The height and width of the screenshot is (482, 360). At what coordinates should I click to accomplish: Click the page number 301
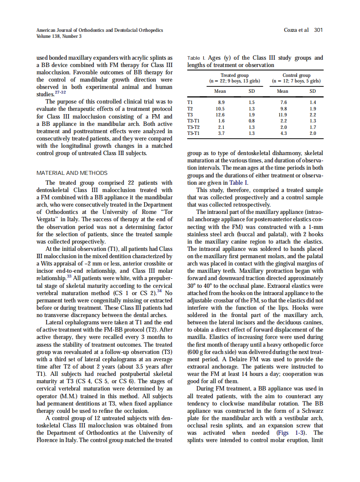[318, 30]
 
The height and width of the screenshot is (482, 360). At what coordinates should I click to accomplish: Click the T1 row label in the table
[190, 103]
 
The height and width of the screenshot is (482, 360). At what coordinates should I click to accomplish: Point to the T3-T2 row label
[193, 127]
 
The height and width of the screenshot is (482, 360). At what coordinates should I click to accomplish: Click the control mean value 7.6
[283, 103]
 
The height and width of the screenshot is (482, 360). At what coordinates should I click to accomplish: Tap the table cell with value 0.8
[252, 121]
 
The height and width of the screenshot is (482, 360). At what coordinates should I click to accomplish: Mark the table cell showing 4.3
[283, 134]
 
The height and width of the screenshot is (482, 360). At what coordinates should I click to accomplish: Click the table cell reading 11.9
[283, 115]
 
